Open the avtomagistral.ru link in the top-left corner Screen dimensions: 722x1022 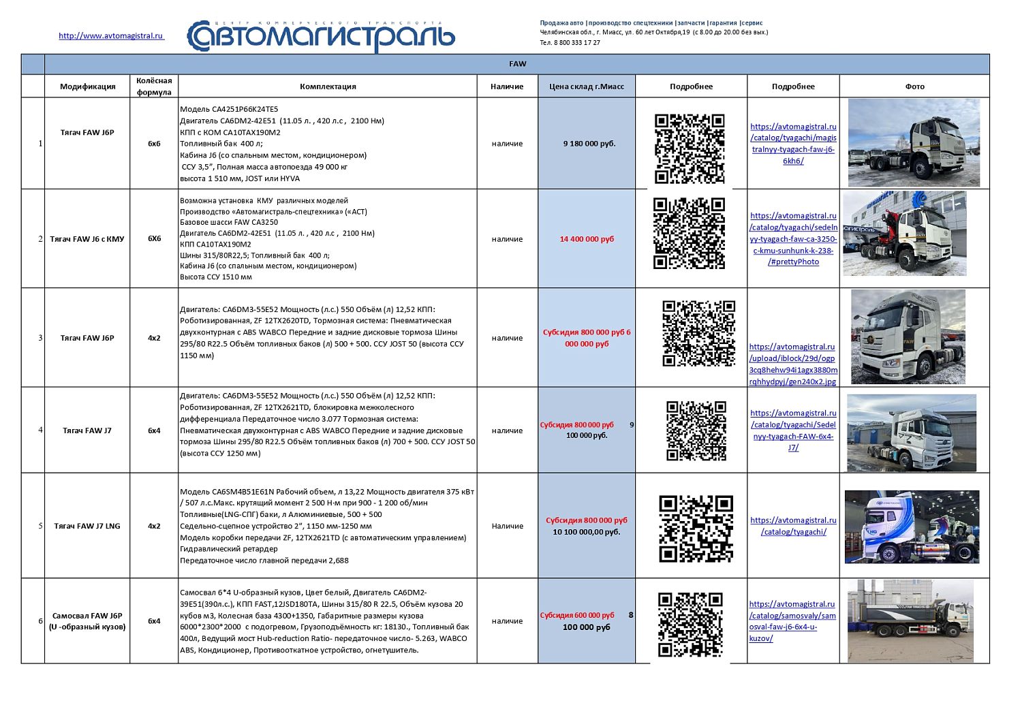click(x=111, y=35)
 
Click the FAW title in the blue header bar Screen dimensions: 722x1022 click(x=517, y=64)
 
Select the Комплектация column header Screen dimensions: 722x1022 click(x=328, y=87)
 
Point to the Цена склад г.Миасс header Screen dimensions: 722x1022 click(x=587, y=87)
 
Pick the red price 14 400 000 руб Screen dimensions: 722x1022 click(x=587, y=239)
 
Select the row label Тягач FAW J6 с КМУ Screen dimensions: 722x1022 click(x=87, y=239)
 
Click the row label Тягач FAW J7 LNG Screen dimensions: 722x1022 click(x=87, y=526)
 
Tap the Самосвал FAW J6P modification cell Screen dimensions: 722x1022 click(x=87, y=621)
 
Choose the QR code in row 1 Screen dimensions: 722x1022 click(x=690, y=148)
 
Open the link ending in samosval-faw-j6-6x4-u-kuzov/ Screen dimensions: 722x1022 click(x=792, y=621)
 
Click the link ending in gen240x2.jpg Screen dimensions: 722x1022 click(x=793, y=364)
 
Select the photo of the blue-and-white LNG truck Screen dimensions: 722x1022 click(x=912, y=527)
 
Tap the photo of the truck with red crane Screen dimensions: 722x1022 click(x=905, y=234)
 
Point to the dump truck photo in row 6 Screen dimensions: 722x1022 click(x=910, y=621)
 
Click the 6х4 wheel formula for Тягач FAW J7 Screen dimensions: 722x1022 click(x=154, y=430)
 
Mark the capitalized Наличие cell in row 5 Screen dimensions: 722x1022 click(x=507, y=526)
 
